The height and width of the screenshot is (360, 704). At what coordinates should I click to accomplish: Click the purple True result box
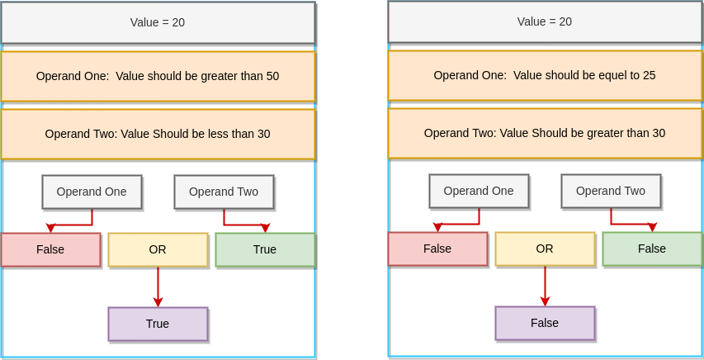(158, 324)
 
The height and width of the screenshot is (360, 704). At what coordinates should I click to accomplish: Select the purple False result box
(545, 323)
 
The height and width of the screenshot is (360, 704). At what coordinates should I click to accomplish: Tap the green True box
(265, 249)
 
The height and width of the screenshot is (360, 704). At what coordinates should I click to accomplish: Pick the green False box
(652, 249)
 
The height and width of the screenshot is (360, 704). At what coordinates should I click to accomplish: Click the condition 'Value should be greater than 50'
(158, 76)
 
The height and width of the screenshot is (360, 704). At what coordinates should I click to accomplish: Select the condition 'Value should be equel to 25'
(545, 75)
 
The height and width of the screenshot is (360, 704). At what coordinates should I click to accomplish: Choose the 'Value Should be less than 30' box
(158, 134)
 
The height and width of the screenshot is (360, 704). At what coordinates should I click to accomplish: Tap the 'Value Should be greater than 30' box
(545, 133)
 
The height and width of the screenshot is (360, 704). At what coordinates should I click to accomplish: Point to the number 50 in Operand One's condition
(272, 76)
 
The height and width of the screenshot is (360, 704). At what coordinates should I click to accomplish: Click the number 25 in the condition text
(649, 75)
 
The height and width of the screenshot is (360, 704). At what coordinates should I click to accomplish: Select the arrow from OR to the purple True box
(158, 287)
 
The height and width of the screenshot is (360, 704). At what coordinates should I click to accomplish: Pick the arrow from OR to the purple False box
(545, 286)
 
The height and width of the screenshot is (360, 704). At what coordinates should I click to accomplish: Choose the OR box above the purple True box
(158, 249)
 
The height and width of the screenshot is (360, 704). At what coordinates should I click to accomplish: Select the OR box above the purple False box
(545, 249)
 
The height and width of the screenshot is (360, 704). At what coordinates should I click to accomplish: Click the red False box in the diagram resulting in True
(50, 249)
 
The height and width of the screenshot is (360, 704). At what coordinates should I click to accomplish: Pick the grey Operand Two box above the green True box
(224, 192)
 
